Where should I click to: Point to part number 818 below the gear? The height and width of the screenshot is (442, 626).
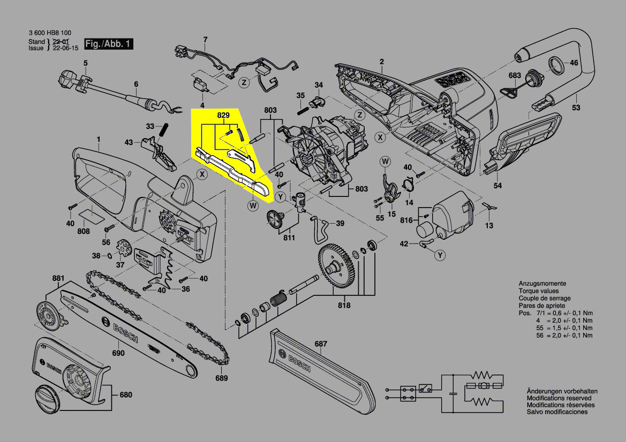coord(344,306)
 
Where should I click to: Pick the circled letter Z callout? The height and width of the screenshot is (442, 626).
coord(244,82)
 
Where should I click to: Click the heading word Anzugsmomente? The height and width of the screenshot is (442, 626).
coord(542,284)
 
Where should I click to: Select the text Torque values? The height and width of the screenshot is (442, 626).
coord(537,291)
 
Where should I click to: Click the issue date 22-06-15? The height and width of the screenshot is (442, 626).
coord(66,48)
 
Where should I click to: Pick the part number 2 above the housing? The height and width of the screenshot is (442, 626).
coord(382,62)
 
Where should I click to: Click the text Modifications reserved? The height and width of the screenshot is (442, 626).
coord(559,398)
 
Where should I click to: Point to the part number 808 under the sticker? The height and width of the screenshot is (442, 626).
coord(84,232)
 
